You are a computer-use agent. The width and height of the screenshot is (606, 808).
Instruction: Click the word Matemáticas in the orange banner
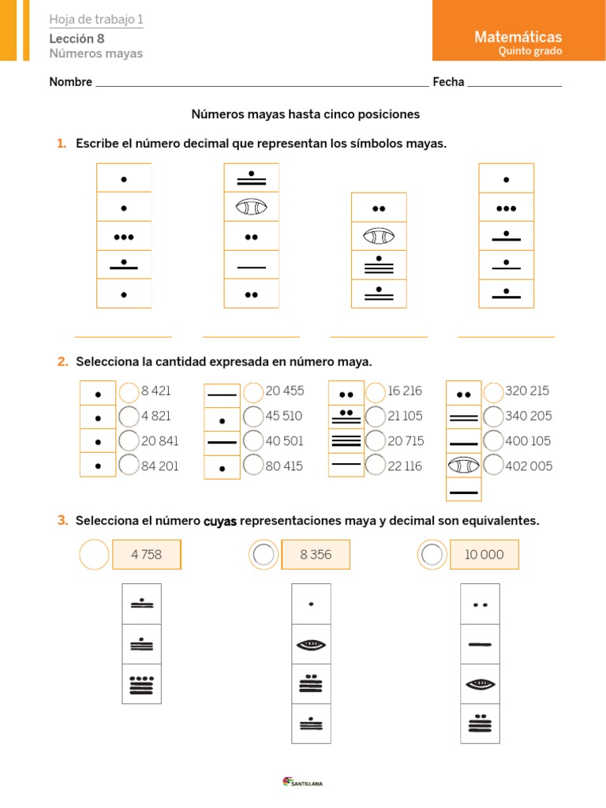pyautogui.click(x=518, y=36)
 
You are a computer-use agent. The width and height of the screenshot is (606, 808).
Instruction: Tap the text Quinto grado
pyautogui.click(x=530, y=51)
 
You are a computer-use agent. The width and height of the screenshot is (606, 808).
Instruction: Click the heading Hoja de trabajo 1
pyautogui.click(x=96, y=20)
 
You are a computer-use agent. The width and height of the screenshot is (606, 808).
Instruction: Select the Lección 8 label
pyautogui.click(x=77, y=38)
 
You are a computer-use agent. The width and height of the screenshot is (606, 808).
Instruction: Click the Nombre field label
pyautogui.click(x=71, y=82)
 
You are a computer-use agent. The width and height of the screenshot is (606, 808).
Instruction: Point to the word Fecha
pyautogui.click(x=448, y=82)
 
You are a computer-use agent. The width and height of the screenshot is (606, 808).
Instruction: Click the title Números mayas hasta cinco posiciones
pyautogui.click(x=305, y=114)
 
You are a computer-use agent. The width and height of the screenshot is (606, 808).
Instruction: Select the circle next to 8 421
pyautogui.click(x=129, y=392)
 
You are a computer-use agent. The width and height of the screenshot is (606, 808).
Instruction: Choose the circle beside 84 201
pyautogui.click(x=129, y=466)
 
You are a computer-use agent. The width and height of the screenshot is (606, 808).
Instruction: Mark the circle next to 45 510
pyautogui.click(x=253, y=416)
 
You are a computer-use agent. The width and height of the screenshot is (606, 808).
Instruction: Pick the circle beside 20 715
pyautogui.click(x=376, y=441)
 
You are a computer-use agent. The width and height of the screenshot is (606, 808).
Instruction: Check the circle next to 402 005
pyautogui.click(x=493, y=466)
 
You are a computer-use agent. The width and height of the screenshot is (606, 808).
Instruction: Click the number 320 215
pyautogui.click(x=527, y=391)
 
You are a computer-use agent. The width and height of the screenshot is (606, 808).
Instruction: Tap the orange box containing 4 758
pyautogui.click(x=147, y=555)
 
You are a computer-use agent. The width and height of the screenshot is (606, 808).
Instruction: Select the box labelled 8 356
pyautogui.click(x=316, y=555)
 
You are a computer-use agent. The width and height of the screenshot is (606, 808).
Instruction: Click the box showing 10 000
pyautogui.click(x=484, y=555)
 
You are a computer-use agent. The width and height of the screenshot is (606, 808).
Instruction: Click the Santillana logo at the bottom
pyautogui.click(x=303, y=782)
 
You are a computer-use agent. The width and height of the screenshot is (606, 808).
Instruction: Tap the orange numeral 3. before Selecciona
pyautogui.click(x=62, y=520)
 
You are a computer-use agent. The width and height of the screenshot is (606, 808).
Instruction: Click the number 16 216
pyautogui.click(x=405, y=391)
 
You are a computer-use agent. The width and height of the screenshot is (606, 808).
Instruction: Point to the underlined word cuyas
pyautogui.click(x=220, y=521)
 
